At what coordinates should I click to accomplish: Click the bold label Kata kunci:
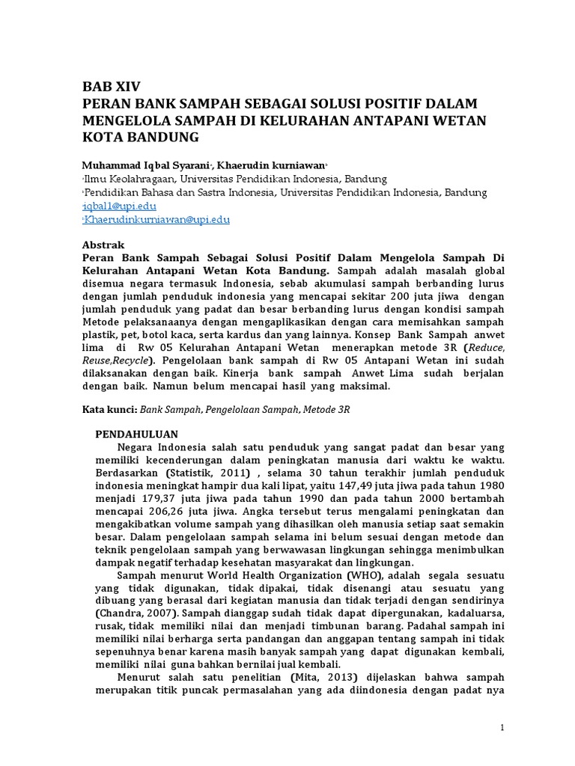[x=110, y=411]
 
